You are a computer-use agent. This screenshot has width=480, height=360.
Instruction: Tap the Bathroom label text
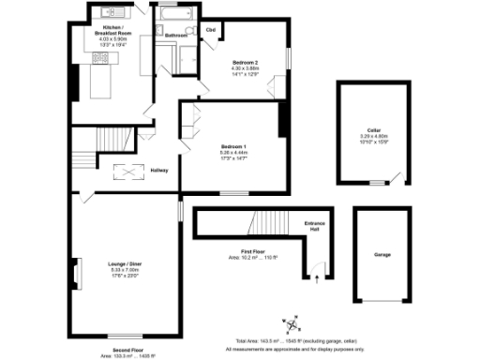click(x=176, y=36)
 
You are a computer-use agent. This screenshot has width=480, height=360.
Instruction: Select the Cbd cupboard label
click(x=210, y=30)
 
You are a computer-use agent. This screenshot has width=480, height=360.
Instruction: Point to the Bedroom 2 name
click(x=245, y=62)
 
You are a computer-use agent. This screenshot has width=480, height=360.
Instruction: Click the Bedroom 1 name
click(x=233, y=147)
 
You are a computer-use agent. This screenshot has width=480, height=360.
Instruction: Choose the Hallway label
click(x=158, y=169)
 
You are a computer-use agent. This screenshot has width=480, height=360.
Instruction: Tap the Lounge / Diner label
click(x=123, y=265)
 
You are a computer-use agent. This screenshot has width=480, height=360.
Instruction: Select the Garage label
click(x=382, y=254)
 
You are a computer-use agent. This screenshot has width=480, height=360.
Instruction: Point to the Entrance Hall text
click(x=314, y=225)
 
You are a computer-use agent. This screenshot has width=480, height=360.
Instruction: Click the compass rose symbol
click(x=293, y=324)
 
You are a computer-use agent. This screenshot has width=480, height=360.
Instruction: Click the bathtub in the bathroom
click(x=174, y=16)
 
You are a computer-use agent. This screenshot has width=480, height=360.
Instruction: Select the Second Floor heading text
click(x=120, y=351)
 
